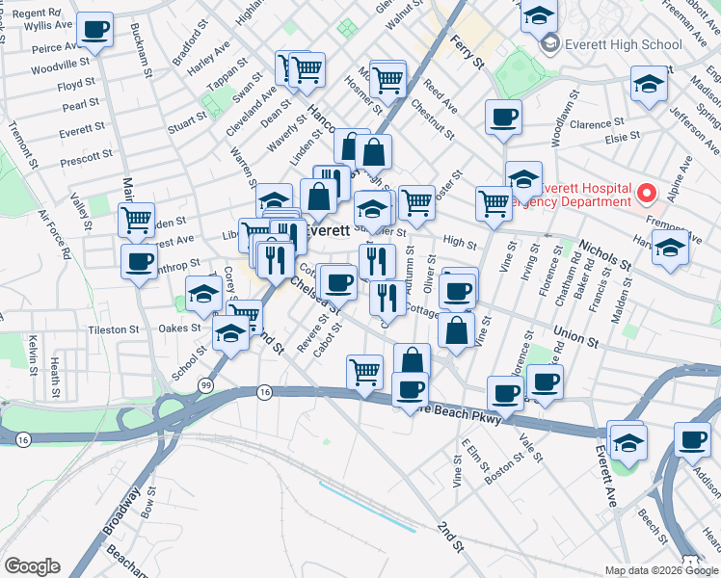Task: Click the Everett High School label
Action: point(623,43)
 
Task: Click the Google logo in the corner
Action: point(32,565)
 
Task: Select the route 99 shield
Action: point(205,385)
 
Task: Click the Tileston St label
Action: point(114,329)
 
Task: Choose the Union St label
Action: point(575,336)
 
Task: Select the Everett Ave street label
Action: point(604,476)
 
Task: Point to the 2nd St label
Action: point(450,536)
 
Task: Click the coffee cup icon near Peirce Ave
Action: point(94,31)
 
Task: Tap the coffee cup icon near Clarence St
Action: point(504,118)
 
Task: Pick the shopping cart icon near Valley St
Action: point(137,219)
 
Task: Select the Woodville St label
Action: point(60,68)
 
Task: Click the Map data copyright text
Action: point(660,570)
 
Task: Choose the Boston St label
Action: point(503,463)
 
